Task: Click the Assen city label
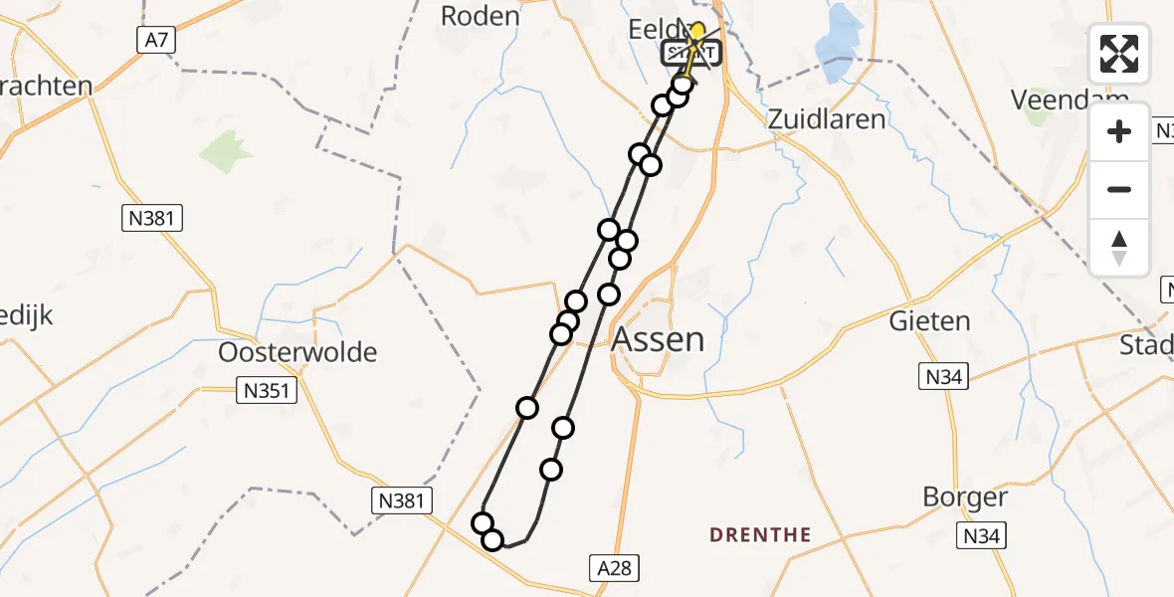(658, 339)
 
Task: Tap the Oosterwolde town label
(298, 352)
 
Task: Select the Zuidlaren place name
(826, 119)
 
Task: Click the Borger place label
(965, 497)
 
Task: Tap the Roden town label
(480, 16)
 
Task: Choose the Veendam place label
(1069, 99)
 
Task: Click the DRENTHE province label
(760, 535)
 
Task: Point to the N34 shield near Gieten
(941, 376)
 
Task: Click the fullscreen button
(1119, 54)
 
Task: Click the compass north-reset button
(1119, 248)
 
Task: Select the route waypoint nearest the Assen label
(609, 295)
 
